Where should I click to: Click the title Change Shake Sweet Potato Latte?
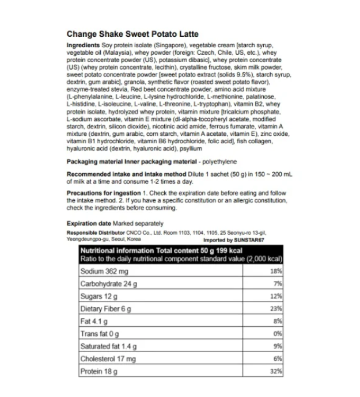point(132,34)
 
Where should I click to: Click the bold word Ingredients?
point(83,45)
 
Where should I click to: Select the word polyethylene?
point(219,162)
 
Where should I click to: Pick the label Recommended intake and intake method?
point(126,174)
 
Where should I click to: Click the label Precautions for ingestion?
point(104,193)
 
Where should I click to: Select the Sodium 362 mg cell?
point(104,271)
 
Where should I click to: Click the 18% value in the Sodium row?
point(276,271)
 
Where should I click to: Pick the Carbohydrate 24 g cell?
point(108,284)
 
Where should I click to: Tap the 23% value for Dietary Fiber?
point(276,308)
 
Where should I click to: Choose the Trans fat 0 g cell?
point(100,334)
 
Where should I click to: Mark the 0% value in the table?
point(277,334)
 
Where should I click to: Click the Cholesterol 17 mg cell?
point(108,358)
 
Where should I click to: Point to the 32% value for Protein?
point(276,371)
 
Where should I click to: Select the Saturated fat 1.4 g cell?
point(110,346)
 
